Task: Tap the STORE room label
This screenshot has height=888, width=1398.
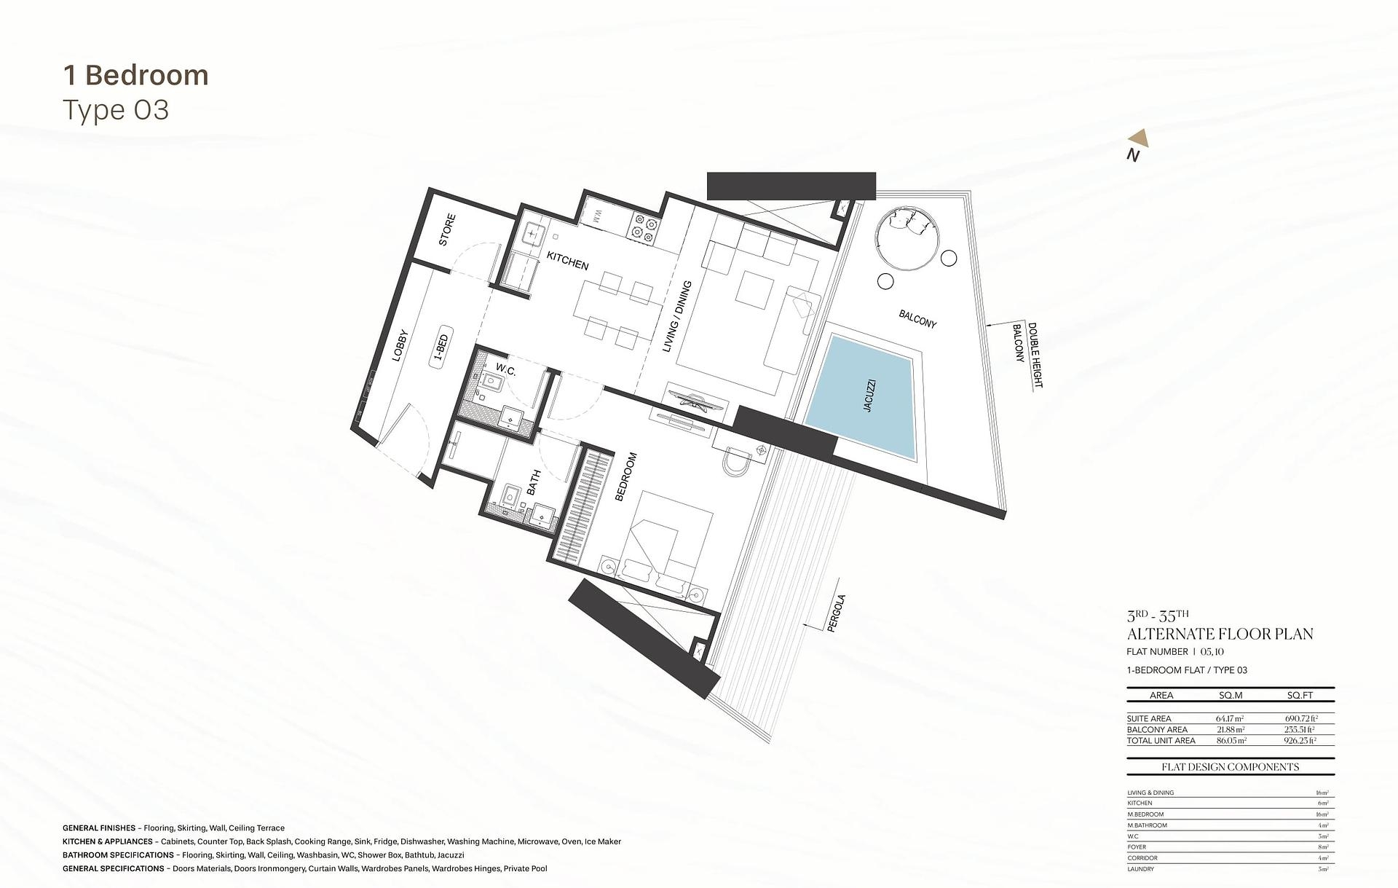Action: [447, 229]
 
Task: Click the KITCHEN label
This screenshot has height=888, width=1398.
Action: [567, 260]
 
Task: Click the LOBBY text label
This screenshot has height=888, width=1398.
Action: [400, 345]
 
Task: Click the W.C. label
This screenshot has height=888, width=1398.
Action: [506, 370]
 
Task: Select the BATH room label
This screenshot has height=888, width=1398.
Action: [534, 482]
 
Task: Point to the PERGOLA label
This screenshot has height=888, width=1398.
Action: [837, 613]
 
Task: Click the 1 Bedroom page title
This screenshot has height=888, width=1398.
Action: [136, 75]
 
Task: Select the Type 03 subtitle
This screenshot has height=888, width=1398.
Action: [116, 110]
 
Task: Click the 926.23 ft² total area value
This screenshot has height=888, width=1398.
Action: [1300, 741]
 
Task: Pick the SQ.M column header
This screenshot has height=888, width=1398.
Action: [1231, 696]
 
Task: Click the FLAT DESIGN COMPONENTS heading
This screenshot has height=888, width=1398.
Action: [1230, 767]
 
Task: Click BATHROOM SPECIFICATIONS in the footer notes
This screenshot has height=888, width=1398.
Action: [118, 855]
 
